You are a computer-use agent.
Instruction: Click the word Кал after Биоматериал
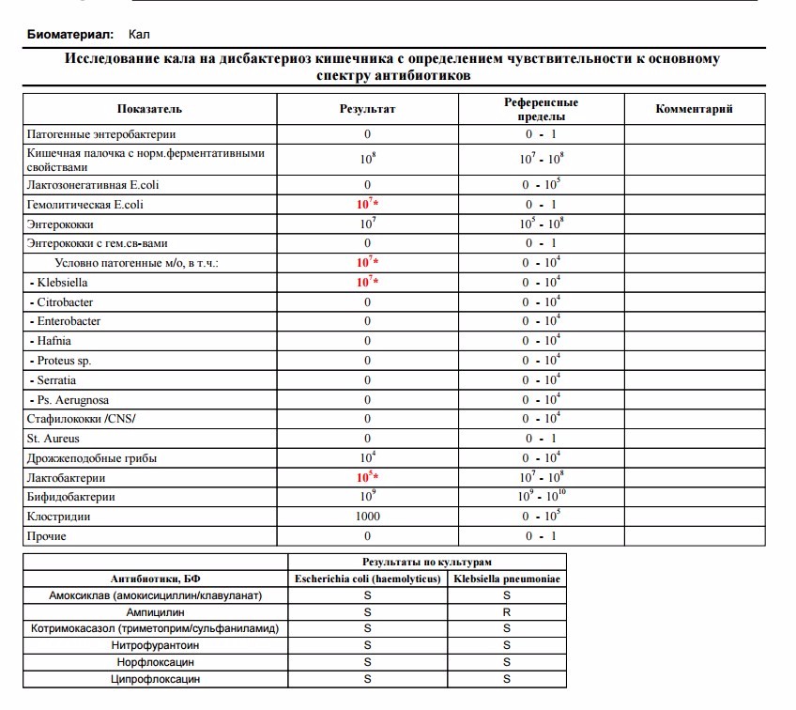[x=139, y=35]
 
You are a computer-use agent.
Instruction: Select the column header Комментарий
[x=694, y=109]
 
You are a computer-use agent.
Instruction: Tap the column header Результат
[x=367, y=109]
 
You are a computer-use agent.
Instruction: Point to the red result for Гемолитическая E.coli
[x=367, y=204]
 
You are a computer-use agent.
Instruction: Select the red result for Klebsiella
[x=367, y=282]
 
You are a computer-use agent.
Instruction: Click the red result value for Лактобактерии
[x=367, y=477]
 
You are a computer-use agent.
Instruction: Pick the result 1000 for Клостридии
[x=367, y=517]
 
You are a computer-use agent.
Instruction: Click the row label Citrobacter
[x=65, y=302]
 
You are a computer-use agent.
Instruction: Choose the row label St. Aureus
[x=54, y=439]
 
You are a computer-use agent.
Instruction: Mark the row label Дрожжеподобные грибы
[x=92, y=458]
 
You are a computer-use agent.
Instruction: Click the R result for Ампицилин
[x=507, y=611]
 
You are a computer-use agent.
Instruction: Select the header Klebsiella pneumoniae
[x=507, y=579]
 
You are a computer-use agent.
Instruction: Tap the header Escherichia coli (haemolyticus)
[x=367, y=579]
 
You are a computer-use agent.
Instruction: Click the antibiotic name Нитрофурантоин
[x=155, y=645]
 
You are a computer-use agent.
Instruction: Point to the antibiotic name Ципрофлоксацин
[x=155, y=679]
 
